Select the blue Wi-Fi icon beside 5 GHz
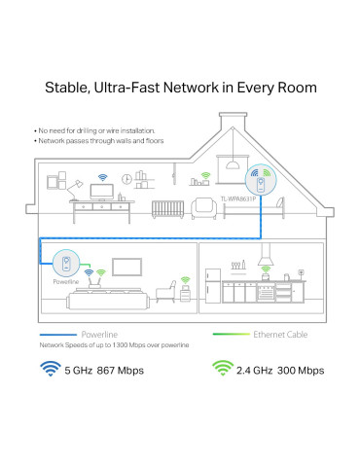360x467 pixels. [48, 370]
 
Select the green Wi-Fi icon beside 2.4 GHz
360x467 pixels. [224, 370]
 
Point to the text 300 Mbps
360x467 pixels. [304, 370]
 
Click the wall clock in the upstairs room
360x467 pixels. [126, 178]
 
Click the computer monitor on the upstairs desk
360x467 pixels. [101, 193]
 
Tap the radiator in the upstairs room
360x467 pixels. [173, 209]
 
